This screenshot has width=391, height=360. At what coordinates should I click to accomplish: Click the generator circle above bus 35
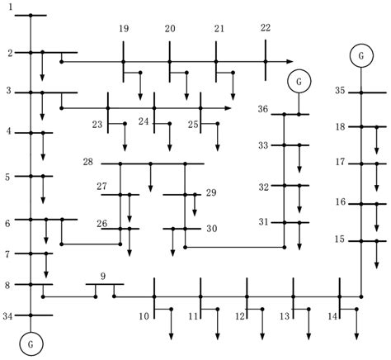(360, 55)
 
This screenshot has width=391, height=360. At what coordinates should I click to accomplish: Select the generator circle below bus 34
(31, 339)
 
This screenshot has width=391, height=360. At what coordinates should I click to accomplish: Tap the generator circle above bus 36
(298, 82)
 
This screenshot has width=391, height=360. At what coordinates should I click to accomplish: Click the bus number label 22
(265, 28)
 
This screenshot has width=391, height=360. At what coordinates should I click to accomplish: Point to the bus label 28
(87, 162)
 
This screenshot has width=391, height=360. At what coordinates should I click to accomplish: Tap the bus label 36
(262, 109)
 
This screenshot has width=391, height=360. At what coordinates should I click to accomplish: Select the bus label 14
(333, 315)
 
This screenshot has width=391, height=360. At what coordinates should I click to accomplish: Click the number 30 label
(212, 229)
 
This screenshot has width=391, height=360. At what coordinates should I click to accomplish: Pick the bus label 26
(101, 224)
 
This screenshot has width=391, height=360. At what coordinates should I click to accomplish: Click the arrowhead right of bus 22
(290, 61)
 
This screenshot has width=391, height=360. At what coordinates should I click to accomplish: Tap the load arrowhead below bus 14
(356, 334)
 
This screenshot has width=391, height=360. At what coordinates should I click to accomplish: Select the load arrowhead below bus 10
(171, 334)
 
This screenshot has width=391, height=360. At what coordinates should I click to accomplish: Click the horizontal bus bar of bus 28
(157, 163)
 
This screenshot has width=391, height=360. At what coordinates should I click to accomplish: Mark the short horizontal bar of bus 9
(105, 285)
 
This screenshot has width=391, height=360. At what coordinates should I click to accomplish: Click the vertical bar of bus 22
(266, 61)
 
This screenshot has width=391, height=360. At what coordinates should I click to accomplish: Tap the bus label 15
(339, 239)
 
